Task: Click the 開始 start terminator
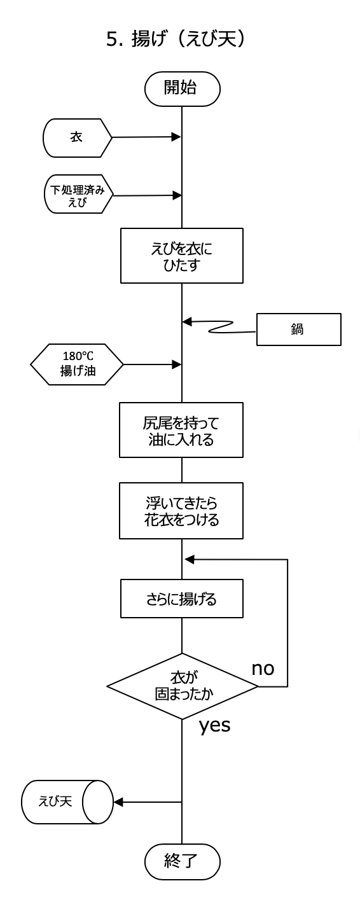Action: pyautogui.click(x=183, y=89)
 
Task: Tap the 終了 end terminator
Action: pyautogui.click(x=183, y=862)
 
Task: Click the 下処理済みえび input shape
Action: pyautogui.click(x=78, y=194)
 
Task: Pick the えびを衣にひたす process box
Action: pyautogui.click(x=182, y=256)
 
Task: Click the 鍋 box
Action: pyautogui.click(x=299, y=330)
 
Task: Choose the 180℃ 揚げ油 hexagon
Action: pyautogui.click(x=77, y=364)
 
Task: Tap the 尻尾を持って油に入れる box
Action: pyautogui.click(x=181, y=430)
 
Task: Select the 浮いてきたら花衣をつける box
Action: pyautogui.click(x=181, y=511)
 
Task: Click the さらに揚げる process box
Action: pyautogui.click(x=182, y=599)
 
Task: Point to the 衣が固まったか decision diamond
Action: pyautogui.click(x=182, y=686)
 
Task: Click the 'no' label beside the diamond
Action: pyautogui.click(x=263, y=669)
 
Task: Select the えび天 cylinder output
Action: pyautogui.click(x=67, y=802)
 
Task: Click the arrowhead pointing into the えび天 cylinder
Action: pyautogui.click(x=118, y=802)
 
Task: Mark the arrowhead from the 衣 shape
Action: pyautogui.click(x=176, y=137)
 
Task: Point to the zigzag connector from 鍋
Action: pyautogui.click(x=221, y=327)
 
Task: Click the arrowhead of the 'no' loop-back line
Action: pyautogui.click(x=190, y=559)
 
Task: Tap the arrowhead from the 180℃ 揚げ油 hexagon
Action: pyautogui.click(x=176, y=364)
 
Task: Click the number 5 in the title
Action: pyautogui.click(x=111, y=39)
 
